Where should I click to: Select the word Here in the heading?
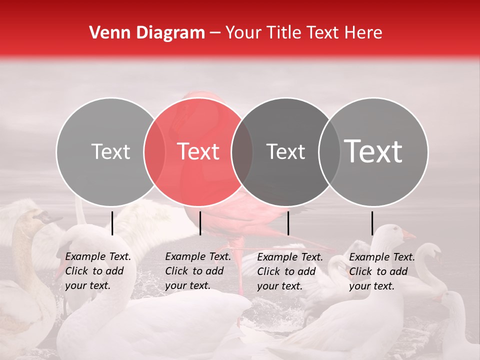point(364,33)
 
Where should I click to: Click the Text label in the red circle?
point(198,151)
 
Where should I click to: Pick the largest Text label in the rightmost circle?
point(373,151)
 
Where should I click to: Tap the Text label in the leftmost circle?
point(110,151)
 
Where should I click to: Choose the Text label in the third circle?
point(285,151)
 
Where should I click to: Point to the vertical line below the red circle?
point(200,223)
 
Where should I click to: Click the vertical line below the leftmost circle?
point(112,223)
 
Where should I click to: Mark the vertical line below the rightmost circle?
point(372,223)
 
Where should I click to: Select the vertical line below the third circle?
point(288,223)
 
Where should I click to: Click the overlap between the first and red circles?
point(154,151)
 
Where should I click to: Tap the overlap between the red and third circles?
point(242,151)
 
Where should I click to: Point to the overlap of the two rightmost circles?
point(329,151)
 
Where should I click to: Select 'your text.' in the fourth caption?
point(371,286)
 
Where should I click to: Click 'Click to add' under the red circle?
point(194,271)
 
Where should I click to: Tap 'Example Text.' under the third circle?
point(290,257)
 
